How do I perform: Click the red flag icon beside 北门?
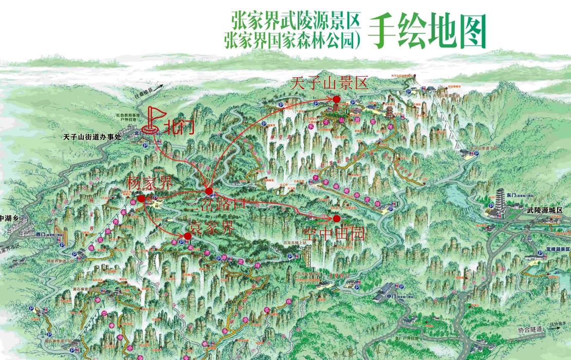click(x=152, y=120)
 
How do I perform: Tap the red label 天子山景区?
click(x=329, y=84)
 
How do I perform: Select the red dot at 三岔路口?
click(x=209, y=191)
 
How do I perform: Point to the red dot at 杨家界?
click(x=141, y=198)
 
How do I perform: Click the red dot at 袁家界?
click(x=188, y=236)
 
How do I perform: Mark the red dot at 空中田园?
click(x=337, y=219)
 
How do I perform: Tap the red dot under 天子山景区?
click(x=336, y=99)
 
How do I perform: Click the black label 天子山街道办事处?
click(x=91, y=137)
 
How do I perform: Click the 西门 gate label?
click(x=41, y=234)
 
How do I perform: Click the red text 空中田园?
click(x=341, y=235)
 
